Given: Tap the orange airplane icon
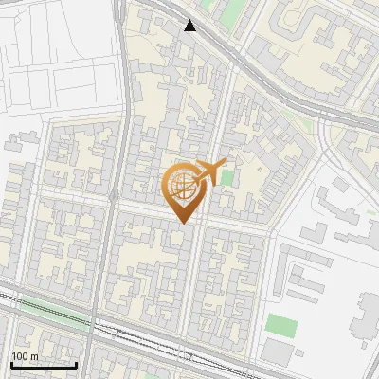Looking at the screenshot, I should pyautogui.click(x=209, y=171).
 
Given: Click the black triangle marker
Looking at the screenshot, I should pyautogui.click(x=190, y=26).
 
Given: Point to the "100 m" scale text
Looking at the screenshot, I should pyautogui.click(x=26, y=356).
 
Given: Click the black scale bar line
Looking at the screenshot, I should pyautogui.click(x=44, y=365).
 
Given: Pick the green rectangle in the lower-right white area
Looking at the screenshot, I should pyautogui.click(x=280, y=326).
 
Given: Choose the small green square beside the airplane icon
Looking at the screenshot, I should pyautogui.click(x=226, y=177).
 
